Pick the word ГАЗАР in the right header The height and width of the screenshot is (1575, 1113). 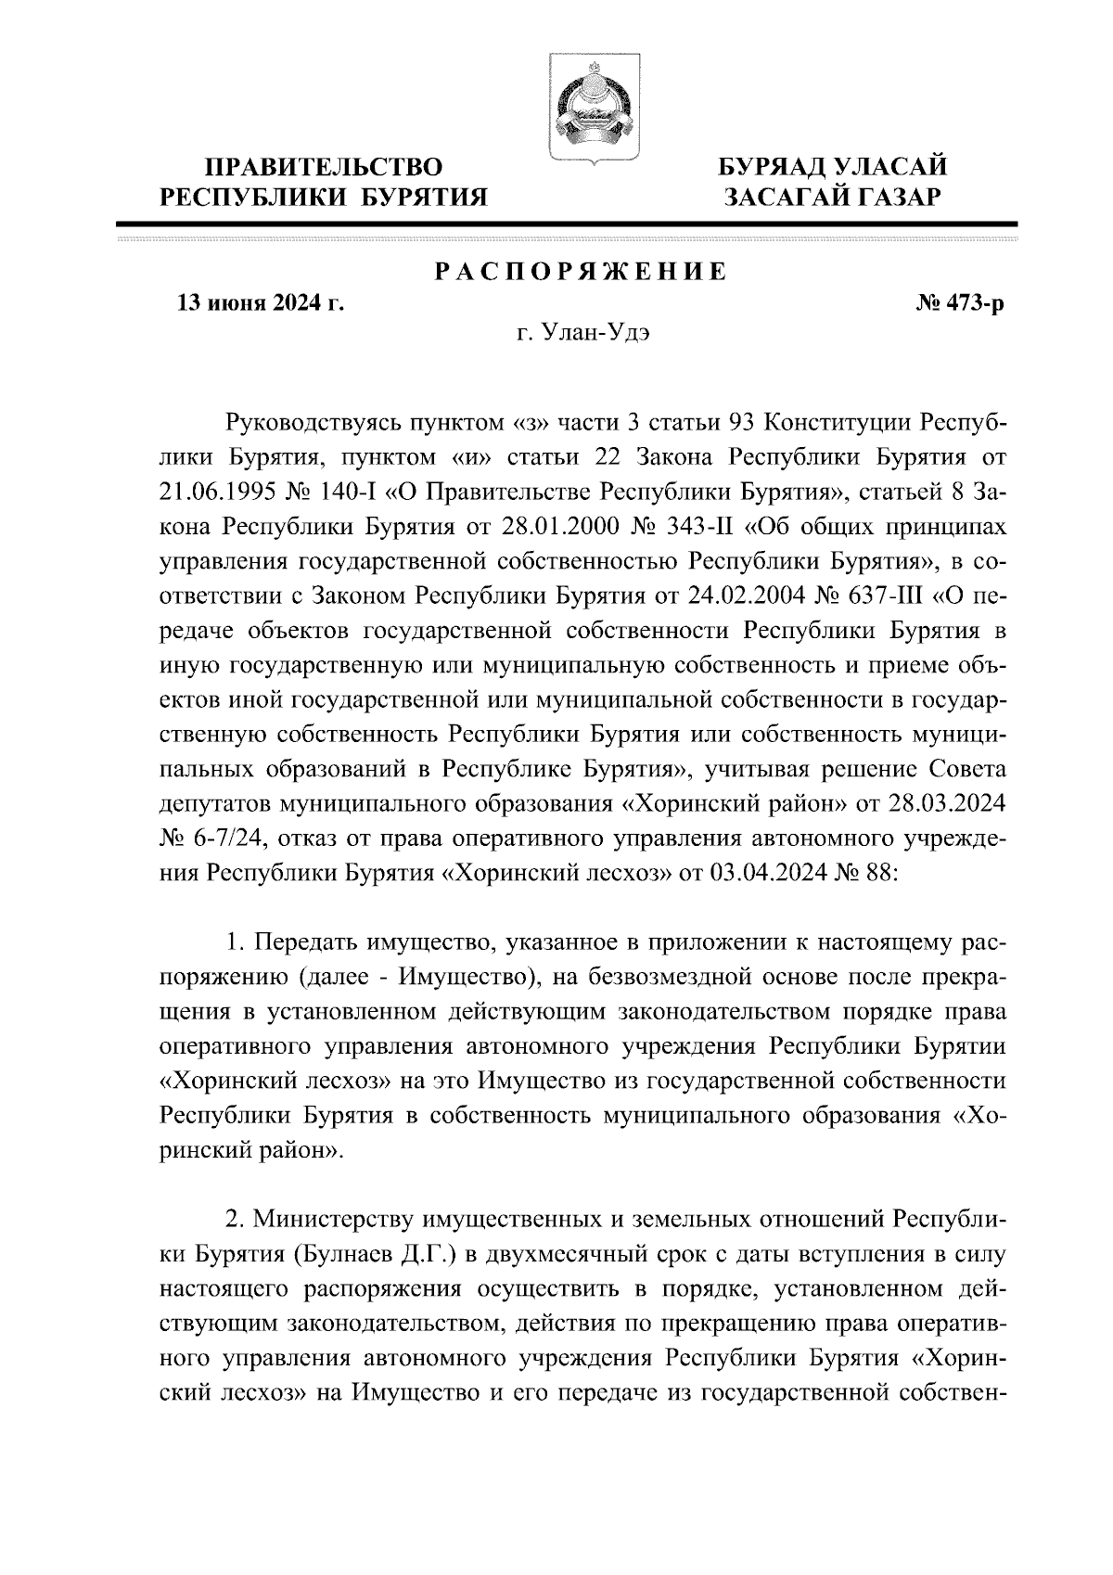pyautogui.click(x=894, y=198)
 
